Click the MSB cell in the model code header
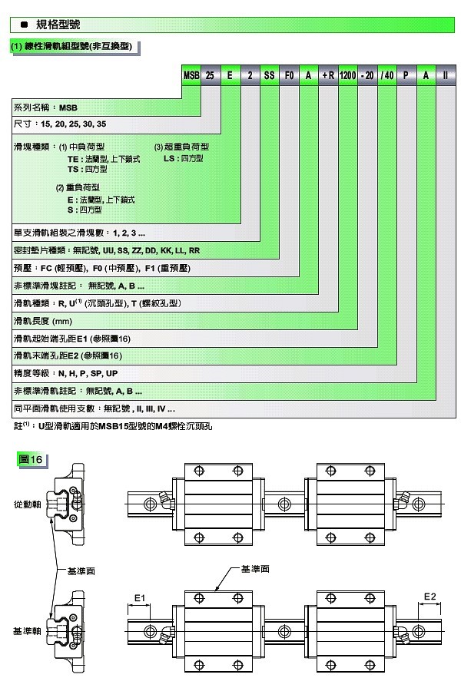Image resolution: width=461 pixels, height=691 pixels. click(191, 77)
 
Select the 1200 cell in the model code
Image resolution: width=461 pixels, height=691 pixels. click(347, 77)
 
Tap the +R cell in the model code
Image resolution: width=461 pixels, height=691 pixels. click(327, 77)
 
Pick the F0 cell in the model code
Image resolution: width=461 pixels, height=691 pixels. click(289, 77)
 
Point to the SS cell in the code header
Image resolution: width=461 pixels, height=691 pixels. click(269, 77)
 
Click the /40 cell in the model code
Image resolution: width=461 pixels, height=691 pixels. click(387, 77)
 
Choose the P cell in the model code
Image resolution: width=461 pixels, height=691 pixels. click(406, 77)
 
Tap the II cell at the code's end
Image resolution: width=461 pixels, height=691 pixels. click(446, 77)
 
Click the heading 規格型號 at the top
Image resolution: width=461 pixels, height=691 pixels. click(54, 25)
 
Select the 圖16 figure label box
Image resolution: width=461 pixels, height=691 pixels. click(32, 460)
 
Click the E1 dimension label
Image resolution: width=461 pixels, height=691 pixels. click(139, 596)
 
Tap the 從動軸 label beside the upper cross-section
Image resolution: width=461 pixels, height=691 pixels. click(26, 504)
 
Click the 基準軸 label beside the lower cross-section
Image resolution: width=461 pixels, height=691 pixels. click(26, 630)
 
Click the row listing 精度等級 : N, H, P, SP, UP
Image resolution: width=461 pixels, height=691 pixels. click(65, 373)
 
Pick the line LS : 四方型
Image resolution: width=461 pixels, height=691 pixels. click(183, 158)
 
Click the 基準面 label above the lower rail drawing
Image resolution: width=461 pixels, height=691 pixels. click(254, 569)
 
